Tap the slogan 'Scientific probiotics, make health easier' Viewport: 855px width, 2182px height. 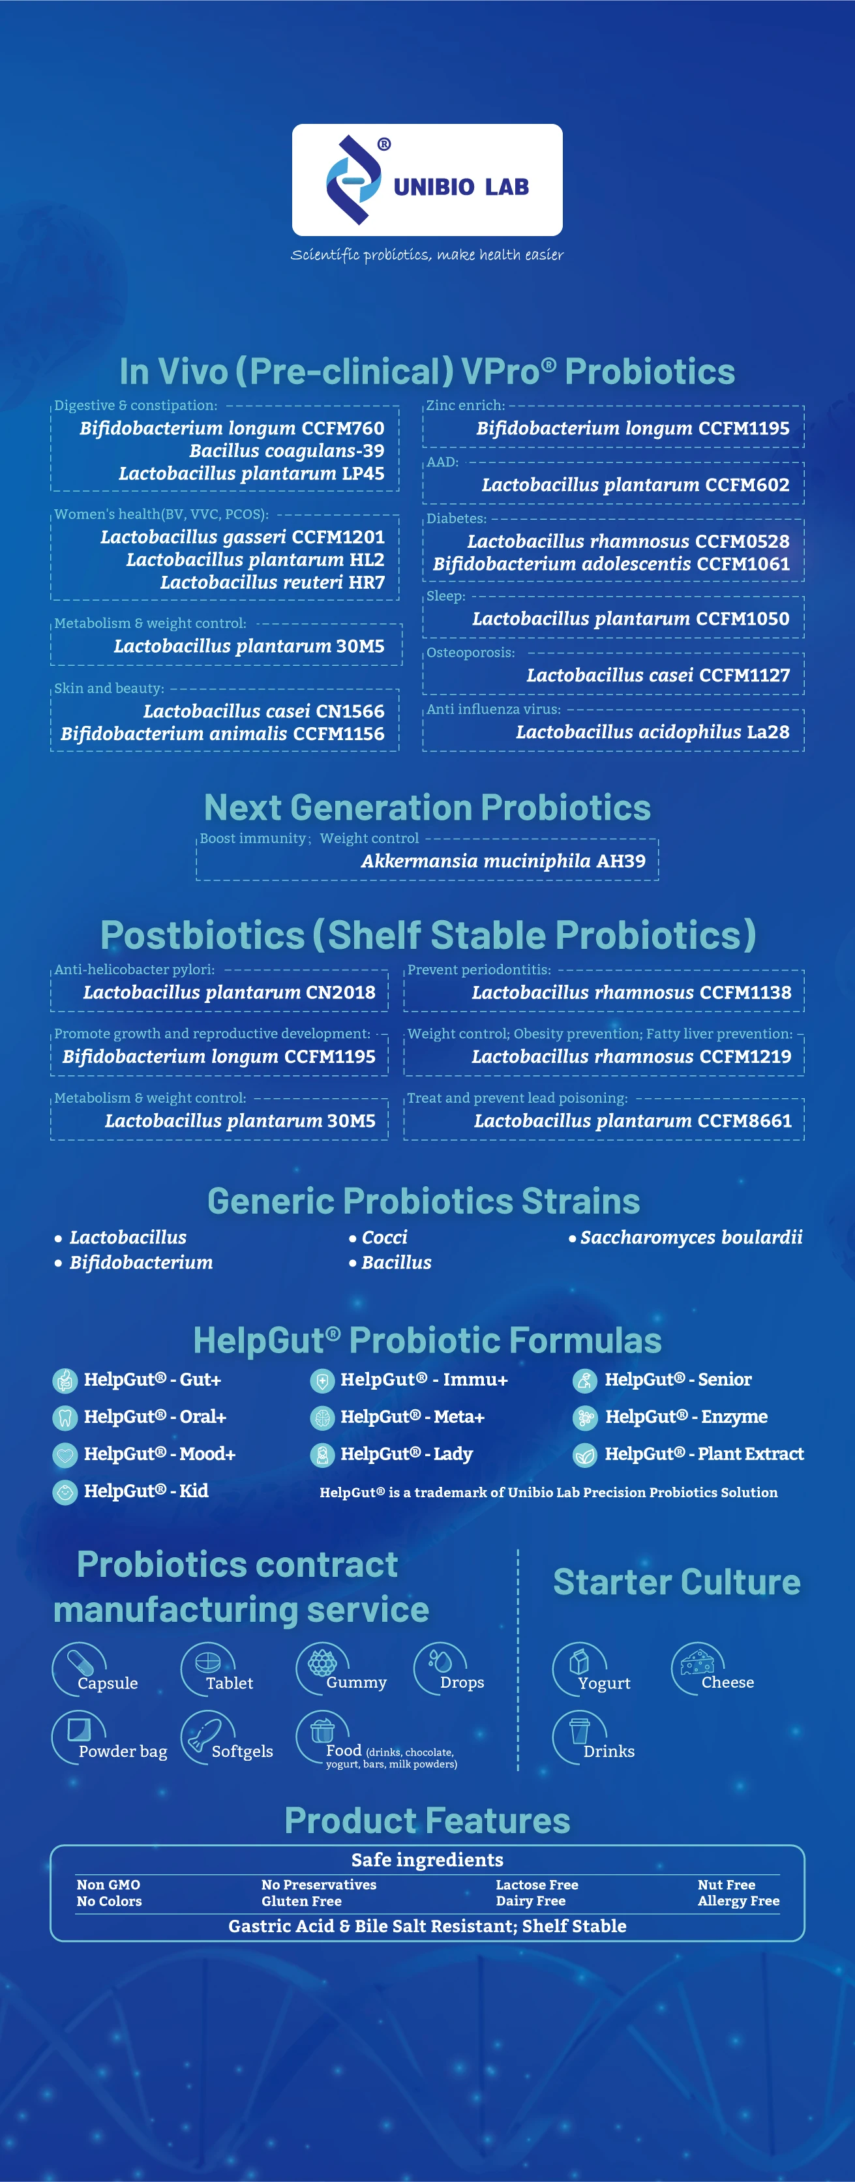(427, 255)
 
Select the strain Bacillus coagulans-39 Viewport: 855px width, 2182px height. (286, 451)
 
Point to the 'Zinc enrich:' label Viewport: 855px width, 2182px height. (465, 406)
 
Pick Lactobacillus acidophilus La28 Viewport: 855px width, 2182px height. (652, 732)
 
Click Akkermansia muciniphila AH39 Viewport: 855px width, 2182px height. (503, 861)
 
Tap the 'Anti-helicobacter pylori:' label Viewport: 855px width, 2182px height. (135, 970)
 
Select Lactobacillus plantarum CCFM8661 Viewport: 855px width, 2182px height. (633, 1120)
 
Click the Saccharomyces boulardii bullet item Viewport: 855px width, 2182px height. (685, 1238)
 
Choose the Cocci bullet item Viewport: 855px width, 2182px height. (378, 1238)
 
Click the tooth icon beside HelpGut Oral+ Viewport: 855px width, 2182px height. (65, 1417)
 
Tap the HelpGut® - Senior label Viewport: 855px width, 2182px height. (678, 1380)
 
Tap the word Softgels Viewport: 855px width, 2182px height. (243, 1752)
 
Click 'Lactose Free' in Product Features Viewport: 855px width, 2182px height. (537, 1885)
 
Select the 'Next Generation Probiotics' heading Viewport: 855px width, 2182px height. (427, 807)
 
